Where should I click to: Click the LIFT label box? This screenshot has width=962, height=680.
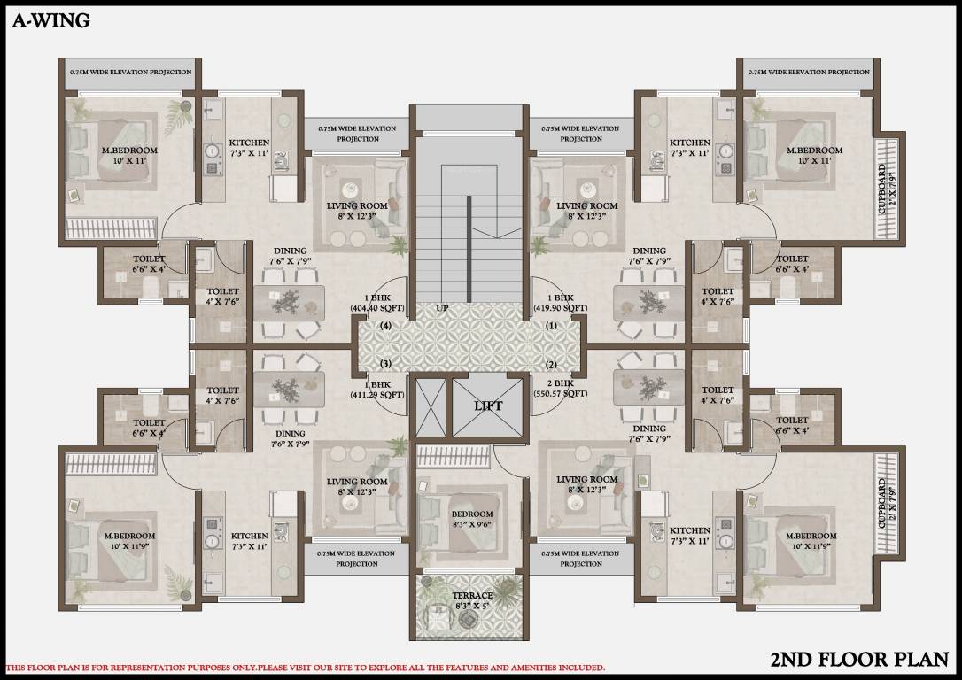(487, 406)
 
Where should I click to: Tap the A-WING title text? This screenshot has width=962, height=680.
(50, 22)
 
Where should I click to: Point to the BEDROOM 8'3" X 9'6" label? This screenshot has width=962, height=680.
(472, 518)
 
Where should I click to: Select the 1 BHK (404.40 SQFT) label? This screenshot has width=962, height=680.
(377, 303)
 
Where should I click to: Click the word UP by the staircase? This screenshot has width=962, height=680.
(442, 308)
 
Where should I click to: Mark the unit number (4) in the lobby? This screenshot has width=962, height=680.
(386, 325)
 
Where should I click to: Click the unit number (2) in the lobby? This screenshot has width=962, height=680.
(551, 365)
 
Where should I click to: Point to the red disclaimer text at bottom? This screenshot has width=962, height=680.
(306, 667)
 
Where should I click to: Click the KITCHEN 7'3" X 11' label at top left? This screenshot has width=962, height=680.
(249, 148)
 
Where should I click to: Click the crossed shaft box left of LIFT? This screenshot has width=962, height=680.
(431, 406)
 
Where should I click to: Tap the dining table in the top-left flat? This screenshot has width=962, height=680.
(289, 301)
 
